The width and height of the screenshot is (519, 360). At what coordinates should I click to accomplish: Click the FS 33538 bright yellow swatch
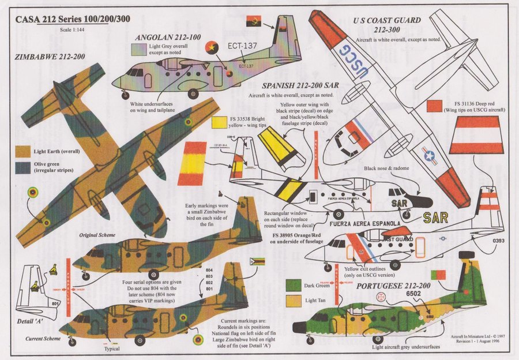point(219,122)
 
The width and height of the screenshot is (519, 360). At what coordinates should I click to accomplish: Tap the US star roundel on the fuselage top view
point(430,154)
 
